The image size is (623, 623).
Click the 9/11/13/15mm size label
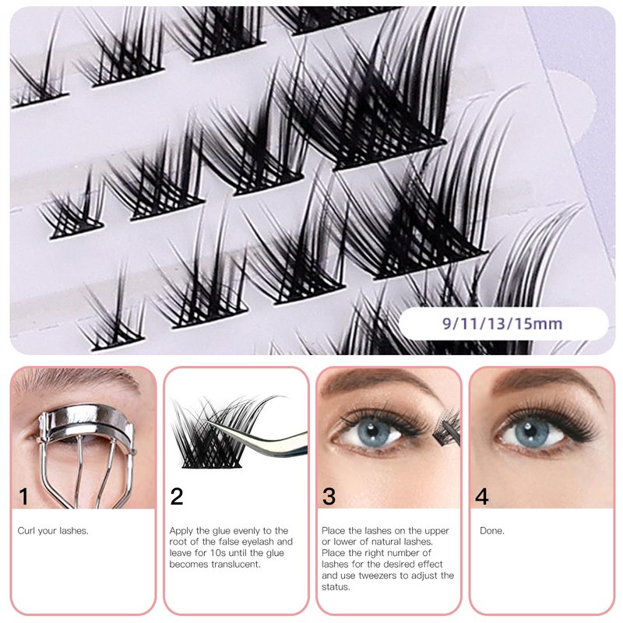coord(502,323)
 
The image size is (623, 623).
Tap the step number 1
coord(24,497)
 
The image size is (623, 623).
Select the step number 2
coord(177,497)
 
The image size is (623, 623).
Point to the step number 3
coord(329,497)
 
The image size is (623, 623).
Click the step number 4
coord(481,497)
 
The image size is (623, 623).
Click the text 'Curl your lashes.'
coord(53,531)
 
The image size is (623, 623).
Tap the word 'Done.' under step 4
coord(492,531)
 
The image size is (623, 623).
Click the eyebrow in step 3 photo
coord(378,381)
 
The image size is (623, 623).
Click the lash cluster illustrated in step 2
coord(215,431)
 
